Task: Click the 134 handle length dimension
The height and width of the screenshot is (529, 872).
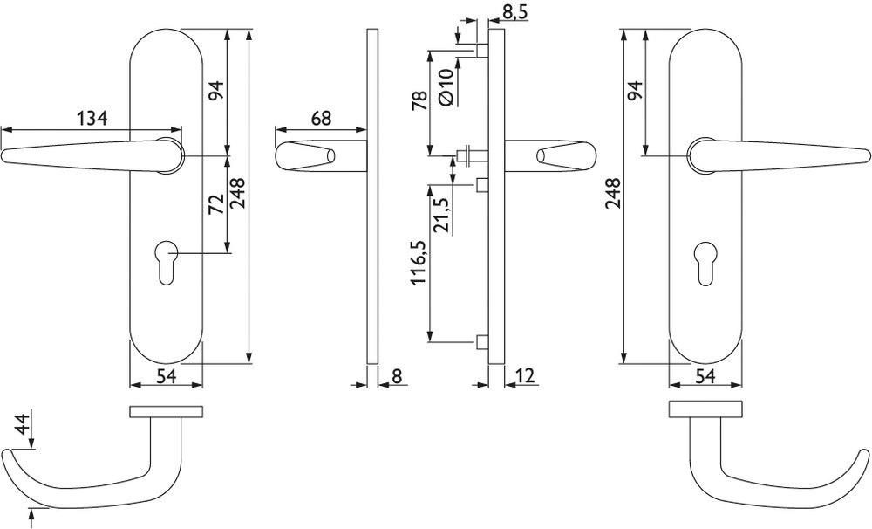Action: pos(92,118)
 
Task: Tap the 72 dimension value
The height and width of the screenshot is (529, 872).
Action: pos(215,204)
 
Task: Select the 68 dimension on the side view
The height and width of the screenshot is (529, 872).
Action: pos(321,118)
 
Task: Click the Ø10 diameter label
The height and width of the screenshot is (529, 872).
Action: pos(446,87)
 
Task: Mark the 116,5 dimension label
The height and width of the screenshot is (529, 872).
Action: pos(420,262)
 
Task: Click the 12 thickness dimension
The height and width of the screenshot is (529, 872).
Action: pos(524,376)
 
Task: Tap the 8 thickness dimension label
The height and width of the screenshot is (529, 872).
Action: pos(396,376)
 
